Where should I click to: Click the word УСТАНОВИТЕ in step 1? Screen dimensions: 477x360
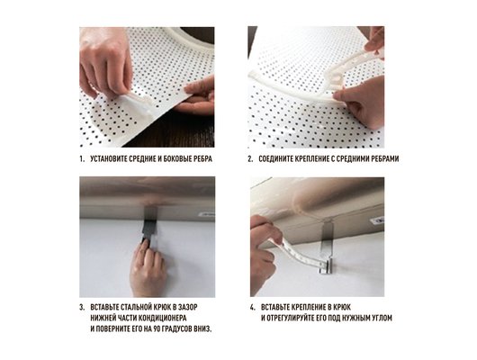click(x=109, y=159)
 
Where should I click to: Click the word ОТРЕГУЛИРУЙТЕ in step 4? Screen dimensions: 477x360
click(x=291, y=318)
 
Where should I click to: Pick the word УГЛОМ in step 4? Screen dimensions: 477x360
click(x=382, y=318)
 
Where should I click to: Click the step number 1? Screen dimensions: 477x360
click(x=82, y=159)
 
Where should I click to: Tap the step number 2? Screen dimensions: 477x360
click(x=250, y=159)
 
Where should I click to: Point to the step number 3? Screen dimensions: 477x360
click(x=82, y=307)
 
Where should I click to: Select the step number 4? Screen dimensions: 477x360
click(x=253, y=307)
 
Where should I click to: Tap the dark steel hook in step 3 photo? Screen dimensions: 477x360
click(x=149, y=224)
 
